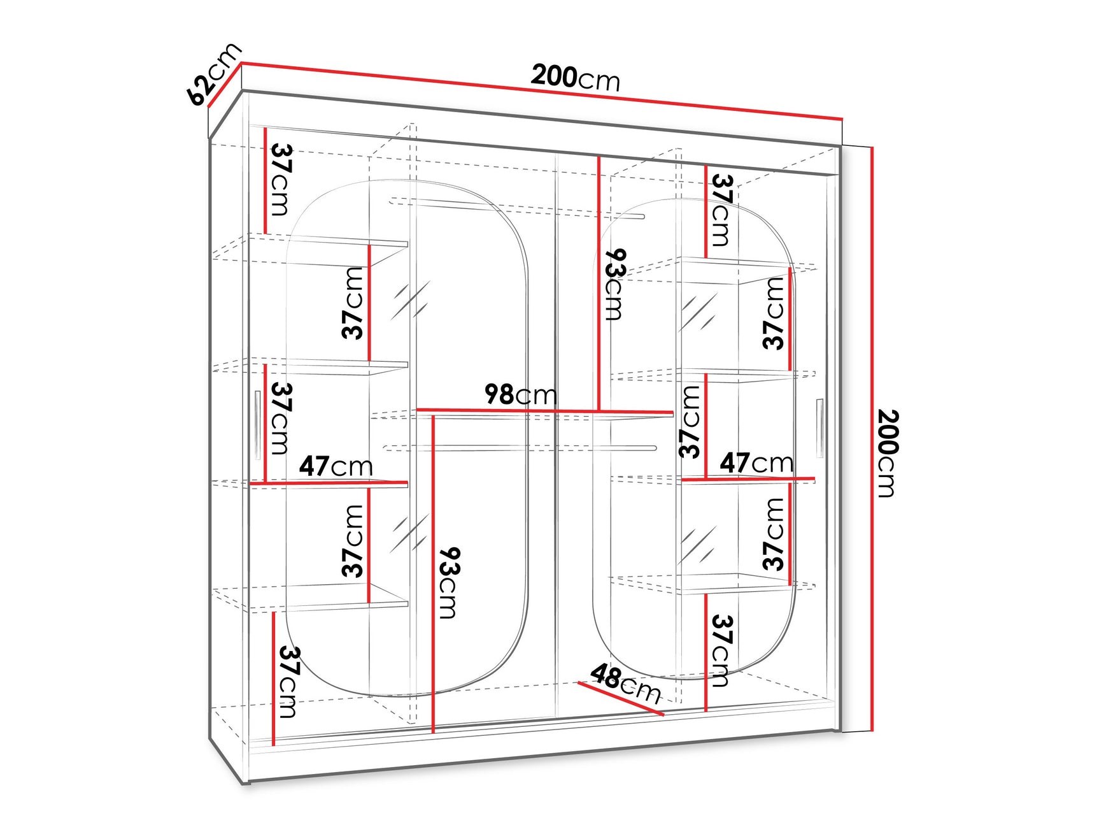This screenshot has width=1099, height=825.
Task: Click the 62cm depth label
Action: pyautogui.click(x=215, y=73)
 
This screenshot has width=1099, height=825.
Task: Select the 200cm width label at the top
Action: pyautogui.click(x=576, y=78)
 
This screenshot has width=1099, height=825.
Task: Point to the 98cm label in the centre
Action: pyautogui.click(x=521, y=394)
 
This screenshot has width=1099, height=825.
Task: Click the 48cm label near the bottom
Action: pyautogui.click(x=626, y=683)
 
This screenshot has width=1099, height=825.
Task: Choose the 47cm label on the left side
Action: pyautogui.click(x=336, y=466)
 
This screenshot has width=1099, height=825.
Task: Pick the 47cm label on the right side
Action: pyautogui.click(x=756, y=462)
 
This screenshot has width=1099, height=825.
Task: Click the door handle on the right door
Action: pyautogui.click(x=819, y=428)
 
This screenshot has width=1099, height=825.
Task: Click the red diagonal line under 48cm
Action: pyautogui.click(x=621, y=699)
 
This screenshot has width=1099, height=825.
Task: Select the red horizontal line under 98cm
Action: pyautogui.click(x=545, y=412)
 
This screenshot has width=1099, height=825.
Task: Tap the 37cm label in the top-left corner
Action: pyautogui.click(x=281, y=180)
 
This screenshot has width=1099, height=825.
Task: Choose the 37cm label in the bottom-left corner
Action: pyautogui.click(x=288, y=682)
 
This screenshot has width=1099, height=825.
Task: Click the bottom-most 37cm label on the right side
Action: pyautogui.click(x=720, y=650)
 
